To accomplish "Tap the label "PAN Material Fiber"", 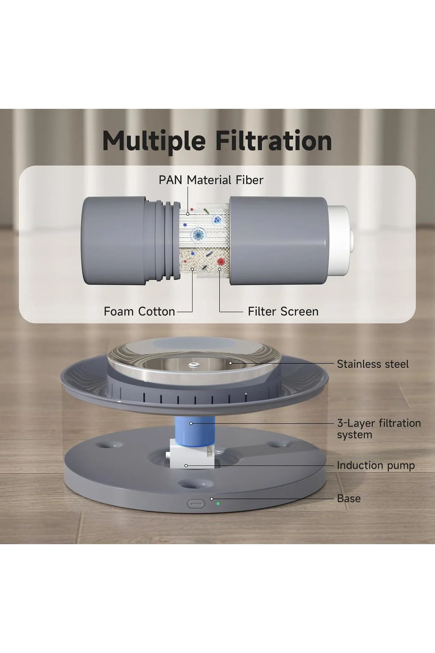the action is (x=211, y=180).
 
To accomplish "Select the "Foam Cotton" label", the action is (x=140, y=311).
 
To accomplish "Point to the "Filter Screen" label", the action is (x=283, y=311).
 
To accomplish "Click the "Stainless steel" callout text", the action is (x=373, y=364).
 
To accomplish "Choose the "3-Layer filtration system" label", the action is (x=379, y=429).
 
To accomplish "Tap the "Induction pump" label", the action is (x=376, y=465).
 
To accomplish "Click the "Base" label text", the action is (x=349, y=498).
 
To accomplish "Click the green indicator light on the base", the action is (x=217, y=503).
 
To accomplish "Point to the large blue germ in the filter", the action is (x=198, y=234).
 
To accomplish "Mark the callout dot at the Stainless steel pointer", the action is (x=230, y=362).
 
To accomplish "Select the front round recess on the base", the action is (x=192, y=483).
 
